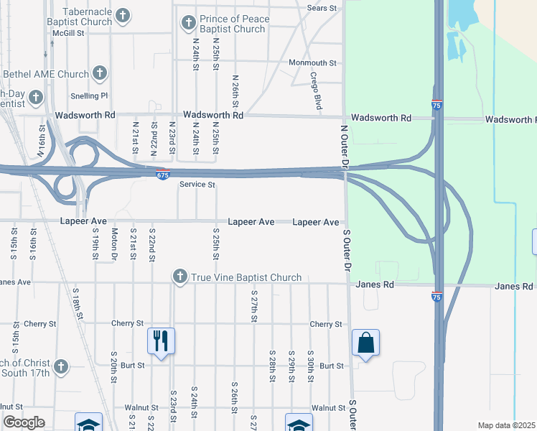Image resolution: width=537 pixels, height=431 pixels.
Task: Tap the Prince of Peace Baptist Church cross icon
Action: (189, 24)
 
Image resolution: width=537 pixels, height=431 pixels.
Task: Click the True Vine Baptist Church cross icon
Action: (180, 277)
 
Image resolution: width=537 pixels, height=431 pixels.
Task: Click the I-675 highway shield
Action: (163, 174)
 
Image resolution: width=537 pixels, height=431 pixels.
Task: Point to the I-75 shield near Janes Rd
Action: (436, 295)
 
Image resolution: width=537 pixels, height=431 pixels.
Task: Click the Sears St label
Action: (321, 8)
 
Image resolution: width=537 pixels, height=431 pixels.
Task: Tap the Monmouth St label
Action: (312, 63)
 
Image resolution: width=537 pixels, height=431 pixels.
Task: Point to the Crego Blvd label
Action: (315, 91)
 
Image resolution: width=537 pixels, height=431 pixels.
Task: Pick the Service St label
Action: (197, 185)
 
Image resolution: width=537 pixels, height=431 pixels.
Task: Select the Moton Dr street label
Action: (114, 244)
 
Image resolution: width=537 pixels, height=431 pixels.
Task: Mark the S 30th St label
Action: (310, 366)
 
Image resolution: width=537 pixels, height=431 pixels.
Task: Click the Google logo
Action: (24, 422)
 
